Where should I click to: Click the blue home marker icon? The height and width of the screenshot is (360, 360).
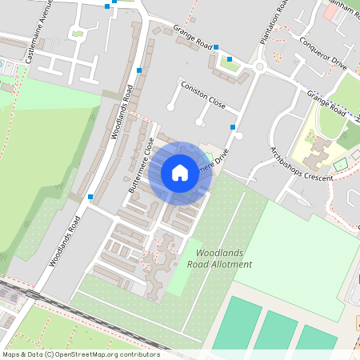(180, 172)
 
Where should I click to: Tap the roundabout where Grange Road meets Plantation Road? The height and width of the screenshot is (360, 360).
(259, 67)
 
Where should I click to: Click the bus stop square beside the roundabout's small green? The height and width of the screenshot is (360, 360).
(230, 58)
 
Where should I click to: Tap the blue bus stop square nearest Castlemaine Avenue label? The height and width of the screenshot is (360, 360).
(107, 6)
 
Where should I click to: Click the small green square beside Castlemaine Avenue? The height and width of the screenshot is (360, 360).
(77, 33)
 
